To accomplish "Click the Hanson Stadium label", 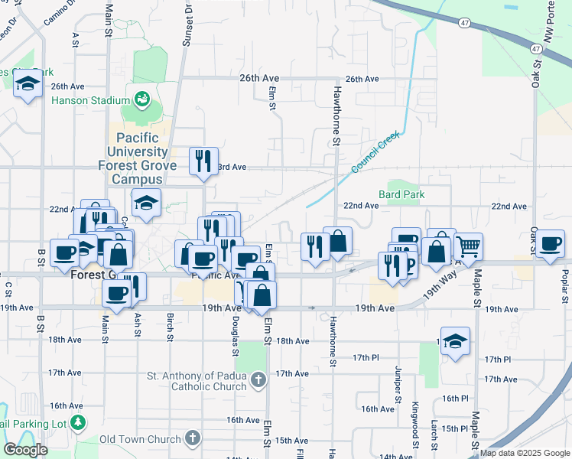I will tap(90, 100).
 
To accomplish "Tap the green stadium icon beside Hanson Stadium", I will tap(141, 99).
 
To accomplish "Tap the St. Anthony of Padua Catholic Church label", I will tap(197, 381).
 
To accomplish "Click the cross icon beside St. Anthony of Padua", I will tap(258, 379).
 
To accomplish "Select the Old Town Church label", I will tap(139, 439).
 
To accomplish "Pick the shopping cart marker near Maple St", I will tap(468, 246).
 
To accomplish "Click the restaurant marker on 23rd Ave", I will tap(203, 161).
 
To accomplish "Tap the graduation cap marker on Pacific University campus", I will tap(145, 203).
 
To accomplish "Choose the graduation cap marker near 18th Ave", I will tap(455, 341).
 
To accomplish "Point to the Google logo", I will tap(25, 450).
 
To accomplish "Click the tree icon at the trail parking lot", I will tap(77, 422).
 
